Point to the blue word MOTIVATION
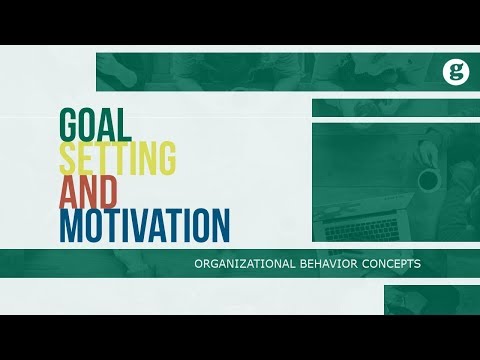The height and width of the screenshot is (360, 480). coord(144,225)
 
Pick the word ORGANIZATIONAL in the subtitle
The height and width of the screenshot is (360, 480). coord(245,264)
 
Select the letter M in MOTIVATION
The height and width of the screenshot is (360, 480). coord(72,225)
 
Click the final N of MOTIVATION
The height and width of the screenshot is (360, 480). coord(219,225)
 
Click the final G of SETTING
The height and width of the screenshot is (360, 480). coord(166,156)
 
